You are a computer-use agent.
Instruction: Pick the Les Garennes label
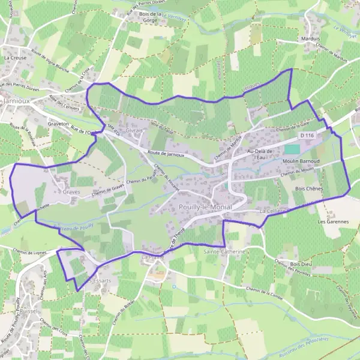coord(334,221)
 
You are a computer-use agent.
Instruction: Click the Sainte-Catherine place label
coord(225,251)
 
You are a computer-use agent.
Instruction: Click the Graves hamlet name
coord(71,192)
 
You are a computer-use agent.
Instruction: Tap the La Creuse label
coord(14,58)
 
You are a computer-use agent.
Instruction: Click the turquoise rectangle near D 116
coord(292,149)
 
